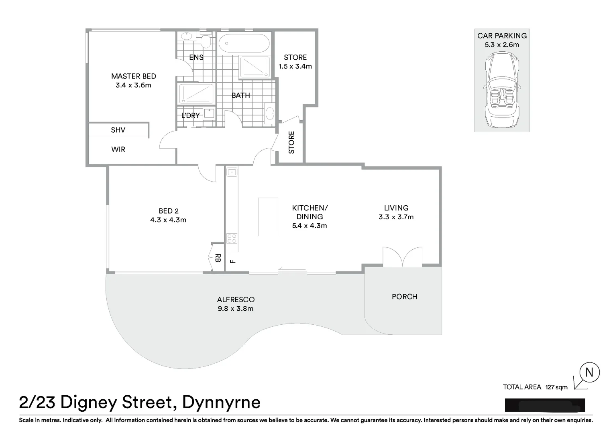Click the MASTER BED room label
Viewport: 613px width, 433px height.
[133, 76]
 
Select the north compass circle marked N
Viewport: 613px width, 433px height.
[589, 372]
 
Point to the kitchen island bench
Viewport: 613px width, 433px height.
[268, 216]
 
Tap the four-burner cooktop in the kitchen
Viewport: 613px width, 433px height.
[232, 239]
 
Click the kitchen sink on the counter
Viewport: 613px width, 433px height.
[232, 172]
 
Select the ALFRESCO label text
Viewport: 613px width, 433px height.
[236, 299]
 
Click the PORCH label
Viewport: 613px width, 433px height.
[404, 297]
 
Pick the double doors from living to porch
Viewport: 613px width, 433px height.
[402, 257]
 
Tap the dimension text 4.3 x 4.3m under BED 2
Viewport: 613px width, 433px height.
[168, 220]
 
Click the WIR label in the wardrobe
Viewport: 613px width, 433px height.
[118, 150]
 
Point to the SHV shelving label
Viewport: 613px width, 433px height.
[118, 130]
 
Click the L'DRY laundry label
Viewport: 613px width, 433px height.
[190, 115]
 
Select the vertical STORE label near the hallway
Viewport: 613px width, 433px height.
[291, 142]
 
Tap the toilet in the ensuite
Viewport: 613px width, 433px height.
[206, 41]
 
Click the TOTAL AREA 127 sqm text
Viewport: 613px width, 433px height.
[535, 387]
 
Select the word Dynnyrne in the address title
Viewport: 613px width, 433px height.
[221, 402]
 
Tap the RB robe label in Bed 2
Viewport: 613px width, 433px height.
[218, 257]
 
